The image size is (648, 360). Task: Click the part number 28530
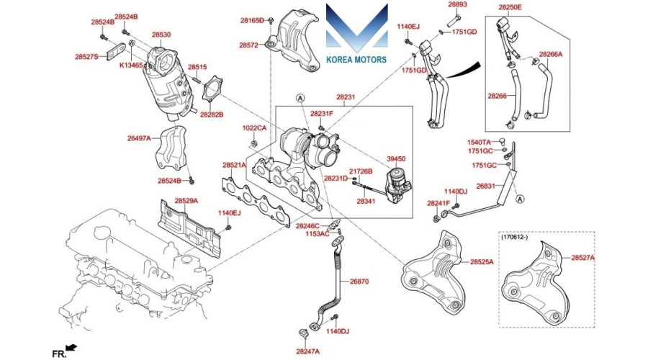click(x=161, y=35)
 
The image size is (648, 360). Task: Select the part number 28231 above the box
click(x=345, y=96)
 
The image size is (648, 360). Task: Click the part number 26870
click(x=359, y=282)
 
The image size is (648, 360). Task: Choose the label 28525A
click(x=482, y=261)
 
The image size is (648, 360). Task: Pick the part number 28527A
click(x=583, y=257)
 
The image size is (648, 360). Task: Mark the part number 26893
click(x=458, y=4)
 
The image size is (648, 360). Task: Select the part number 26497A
click(x=140, y=138)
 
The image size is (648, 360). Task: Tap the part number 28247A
click(x=308, y=352)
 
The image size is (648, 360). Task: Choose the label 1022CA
click(x=254, y=128)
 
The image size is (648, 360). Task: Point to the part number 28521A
click(x=234, y=165)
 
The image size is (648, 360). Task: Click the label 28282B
click(x=212, y=114)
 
